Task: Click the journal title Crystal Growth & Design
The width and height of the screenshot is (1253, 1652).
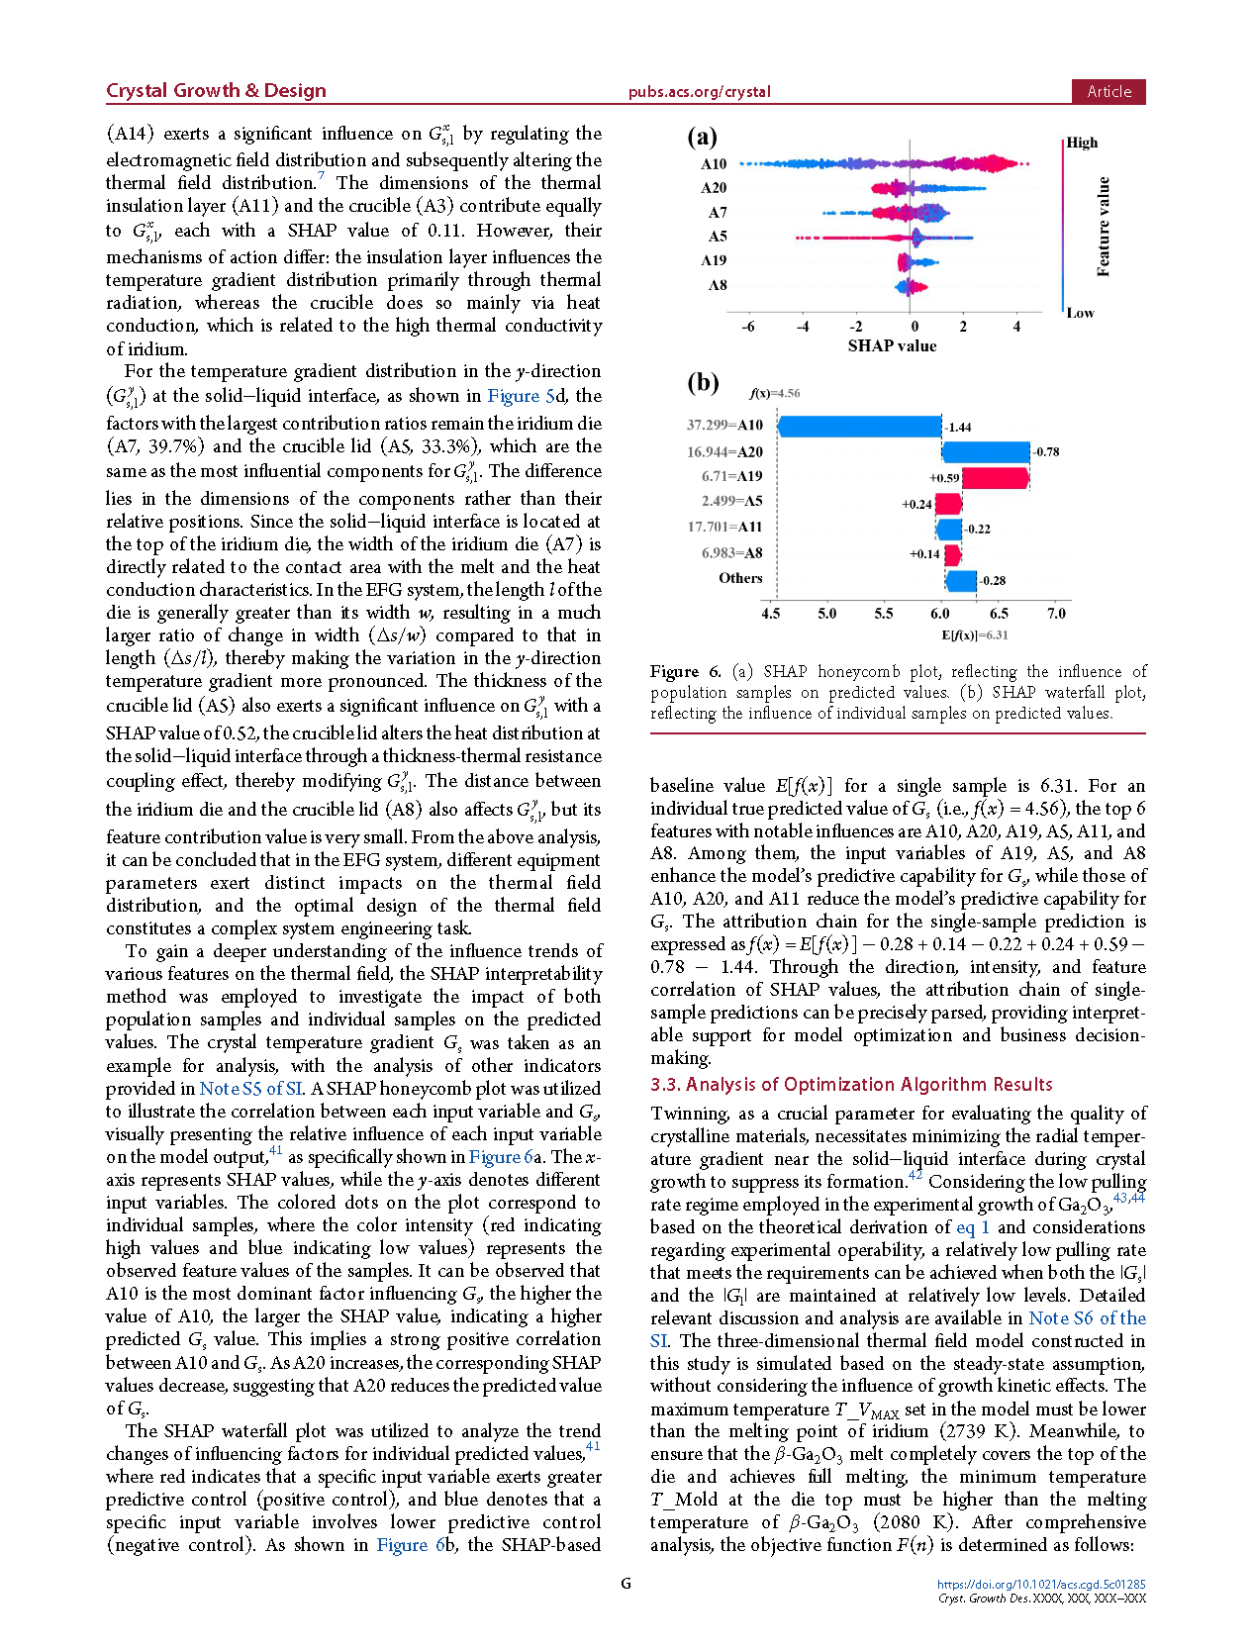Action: pos(216,90)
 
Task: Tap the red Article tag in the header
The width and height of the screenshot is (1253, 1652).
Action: pos(1108,91)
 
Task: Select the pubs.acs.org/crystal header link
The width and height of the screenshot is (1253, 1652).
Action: pos(699,92)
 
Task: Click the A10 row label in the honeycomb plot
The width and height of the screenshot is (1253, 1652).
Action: pos(714,164)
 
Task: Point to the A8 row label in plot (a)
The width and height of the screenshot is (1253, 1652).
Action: pos(718,285)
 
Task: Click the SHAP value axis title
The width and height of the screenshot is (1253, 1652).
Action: pos(892,345)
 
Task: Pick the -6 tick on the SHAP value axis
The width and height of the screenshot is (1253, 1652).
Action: pos(748,326)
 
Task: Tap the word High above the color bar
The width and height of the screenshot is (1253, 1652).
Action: pos(1082,143)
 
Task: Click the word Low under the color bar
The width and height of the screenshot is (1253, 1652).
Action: pos(1080,313)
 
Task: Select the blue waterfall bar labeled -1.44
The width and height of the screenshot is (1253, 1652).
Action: pos(860,427)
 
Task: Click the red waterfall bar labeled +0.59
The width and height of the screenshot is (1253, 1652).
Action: pos(995,478)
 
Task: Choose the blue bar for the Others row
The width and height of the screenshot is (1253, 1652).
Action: pos(961,581)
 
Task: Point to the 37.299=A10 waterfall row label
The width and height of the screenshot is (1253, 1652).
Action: pos(724,425)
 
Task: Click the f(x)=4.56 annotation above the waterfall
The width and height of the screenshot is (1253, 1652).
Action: pos(775,393)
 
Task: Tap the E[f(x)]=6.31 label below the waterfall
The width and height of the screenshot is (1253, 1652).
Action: pos(975,634)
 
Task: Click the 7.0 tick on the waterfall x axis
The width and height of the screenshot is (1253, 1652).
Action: pos(1057,614)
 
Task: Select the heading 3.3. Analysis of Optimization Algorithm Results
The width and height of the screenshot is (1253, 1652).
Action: pos(851,1085)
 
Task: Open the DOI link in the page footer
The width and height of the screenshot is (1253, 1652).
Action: pos(1041,1584)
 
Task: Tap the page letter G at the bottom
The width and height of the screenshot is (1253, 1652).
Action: pos(626,1584)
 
